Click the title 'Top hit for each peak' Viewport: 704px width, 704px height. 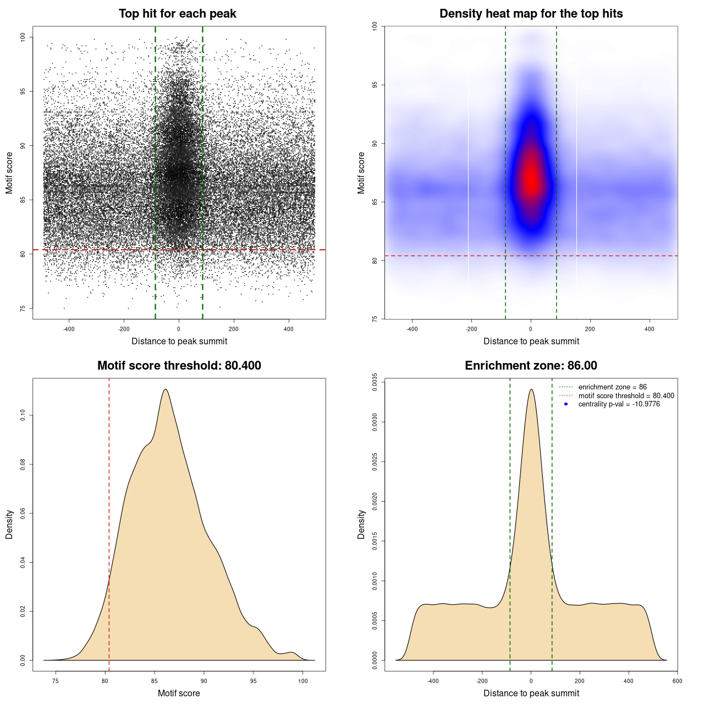pos(177,14)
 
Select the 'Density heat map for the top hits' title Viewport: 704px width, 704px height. pos(531,14)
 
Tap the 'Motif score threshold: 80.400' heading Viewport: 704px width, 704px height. pos(179,366)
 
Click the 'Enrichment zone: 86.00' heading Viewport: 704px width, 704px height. pos(531,366)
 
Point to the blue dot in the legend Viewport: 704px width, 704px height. pos(566,404)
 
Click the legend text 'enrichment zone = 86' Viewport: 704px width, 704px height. pos(612,387)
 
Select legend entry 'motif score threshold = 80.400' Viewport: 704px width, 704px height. pos(626,395)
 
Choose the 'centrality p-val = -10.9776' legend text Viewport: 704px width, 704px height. pos(619,404)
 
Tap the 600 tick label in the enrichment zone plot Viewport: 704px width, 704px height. pos(677,681)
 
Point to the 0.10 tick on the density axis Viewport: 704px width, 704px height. pos(23,415)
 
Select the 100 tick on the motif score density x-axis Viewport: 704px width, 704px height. pos(303,681)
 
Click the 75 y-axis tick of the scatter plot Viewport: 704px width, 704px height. pos(23,308)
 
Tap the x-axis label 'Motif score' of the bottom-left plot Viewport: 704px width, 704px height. pos(179,693)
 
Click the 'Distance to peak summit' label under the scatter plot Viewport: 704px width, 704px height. pos(179,341)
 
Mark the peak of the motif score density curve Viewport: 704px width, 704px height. pos(165,389)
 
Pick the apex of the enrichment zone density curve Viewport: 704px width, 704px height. pos(531,389)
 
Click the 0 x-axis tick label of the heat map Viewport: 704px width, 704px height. pos(531,329)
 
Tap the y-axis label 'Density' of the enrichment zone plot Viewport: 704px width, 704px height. pos(361,524)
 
